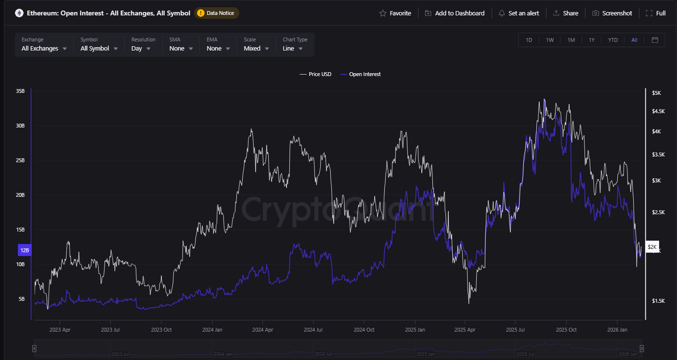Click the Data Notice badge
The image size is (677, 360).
pyautogui.click(x=216, y=13)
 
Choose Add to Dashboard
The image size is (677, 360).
pyautogui.click(x=455, y=13)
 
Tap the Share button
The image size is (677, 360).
pyautogui.click(x=565, y=13)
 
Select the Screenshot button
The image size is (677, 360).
pyautogui.click(x=612, y=13)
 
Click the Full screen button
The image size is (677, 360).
pyautogui.click(x=655, y=13)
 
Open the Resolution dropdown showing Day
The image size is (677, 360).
pyautogui.click(x=141, y=48)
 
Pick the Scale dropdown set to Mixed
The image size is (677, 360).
pyautogui.click(x=256, y=48)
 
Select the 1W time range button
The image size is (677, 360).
pyautogui.click(x=550, y=40)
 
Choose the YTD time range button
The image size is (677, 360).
pyautogui.click(x=613, y=40)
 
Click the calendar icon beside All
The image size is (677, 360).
pyautogui.click(x=655, y=40)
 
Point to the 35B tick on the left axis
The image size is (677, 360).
pyautogui.click(x=20, y=91)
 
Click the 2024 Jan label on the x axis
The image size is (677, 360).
pyautogui.click(x=212, y=330)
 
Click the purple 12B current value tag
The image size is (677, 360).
pyautogui.click(x=24, y=250)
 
